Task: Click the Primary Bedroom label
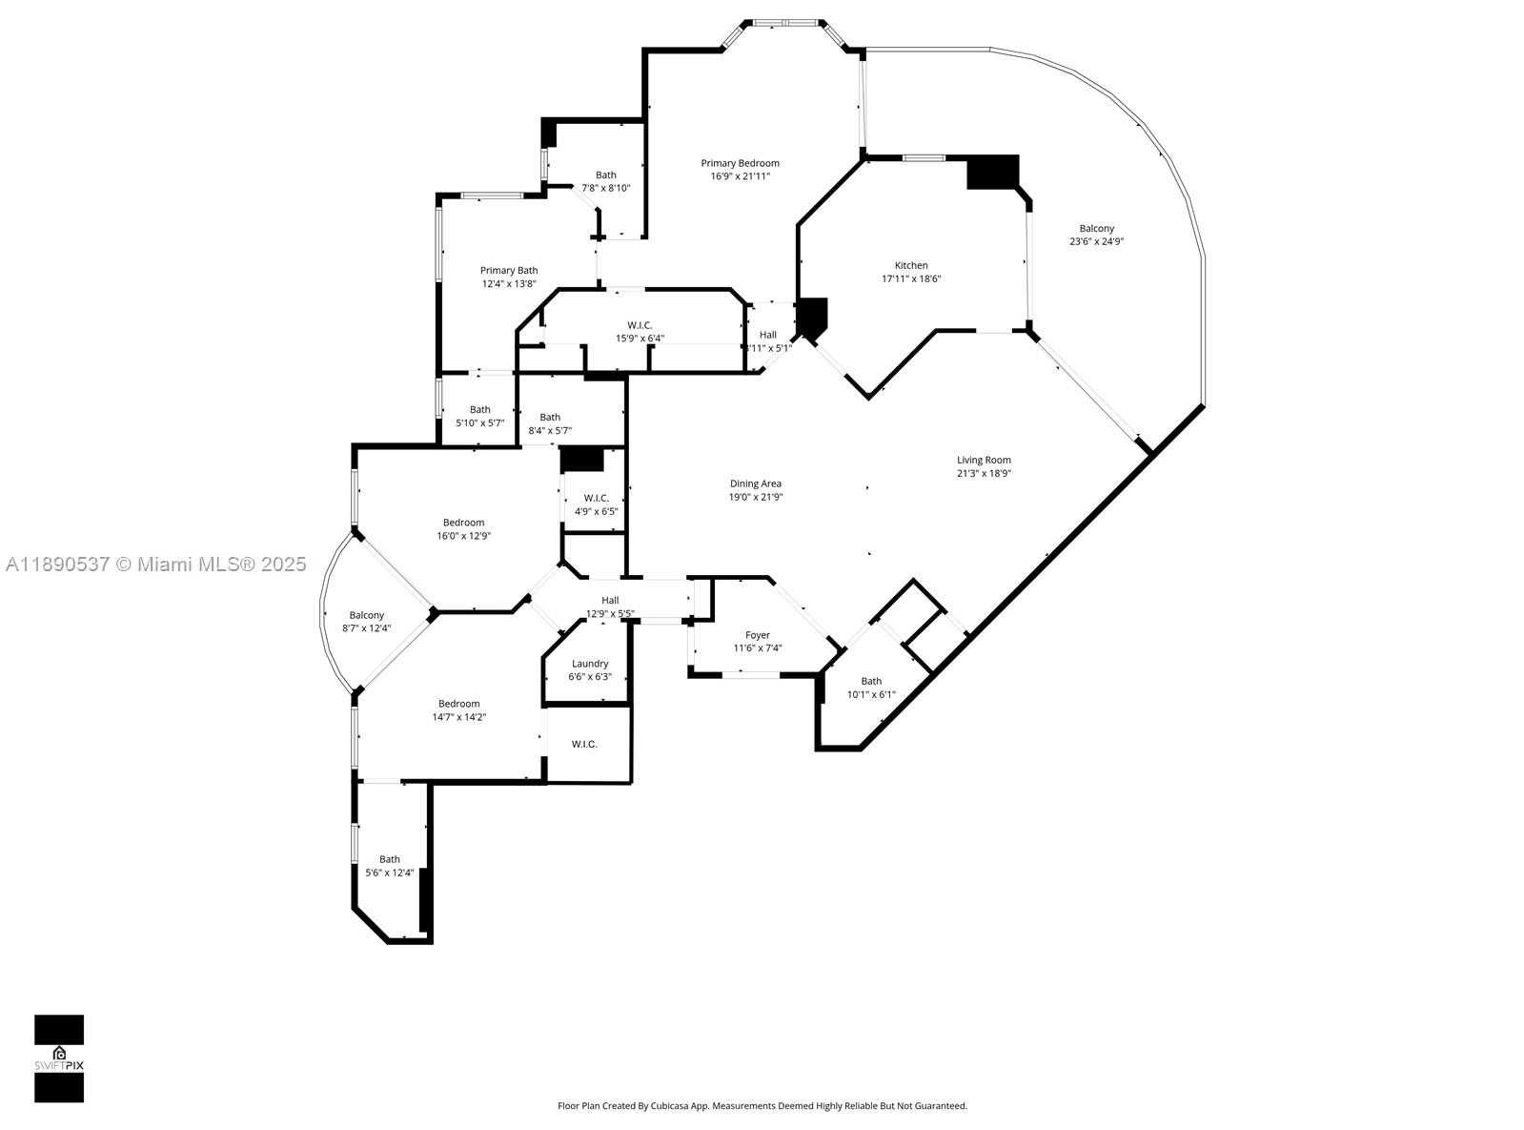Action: pyautogui.click(x=740, y=163)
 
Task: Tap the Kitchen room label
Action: pyautogui.click(x=911, y=265)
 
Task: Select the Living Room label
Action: pyautogui.click(x=984, y=461)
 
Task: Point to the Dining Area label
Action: pyautogui.click(x=756, y=483)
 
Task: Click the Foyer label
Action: pyautogui.click(x=758, y=635)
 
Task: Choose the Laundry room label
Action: pyautogui.click(x=590, y=664)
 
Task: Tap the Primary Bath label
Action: pyautogui.click(x=509, y=270)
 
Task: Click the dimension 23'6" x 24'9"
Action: pyautogui.click(x=1097, y=241)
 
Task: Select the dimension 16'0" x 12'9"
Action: pyautogui.click(x=464, y=536)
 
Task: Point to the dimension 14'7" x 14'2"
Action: pyautogui.click(x=459, y=717)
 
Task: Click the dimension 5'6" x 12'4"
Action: pyautogui.click(x=390, y=873)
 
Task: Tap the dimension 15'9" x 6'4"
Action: pyautogui.click(x=640, y=339)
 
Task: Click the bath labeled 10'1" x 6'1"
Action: pyautogui.click(x=871, y=688)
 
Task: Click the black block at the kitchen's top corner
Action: pyautogui.click(x=993, y=172)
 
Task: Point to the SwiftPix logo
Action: pyautogui.click(x=59, y=1059)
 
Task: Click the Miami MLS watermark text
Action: pyautogui.click(x=156, y=565)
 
